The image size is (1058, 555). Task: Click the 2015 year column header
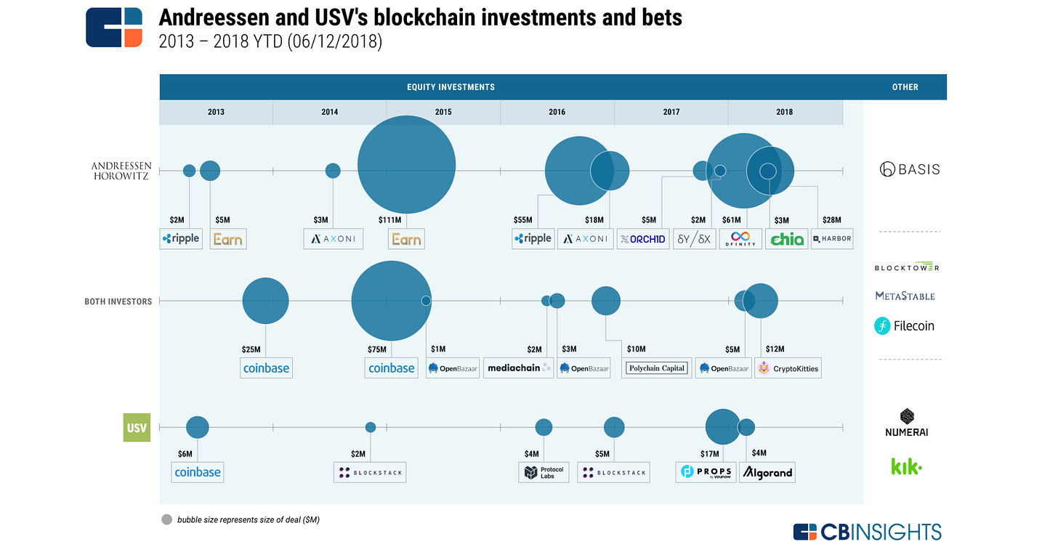coord(443,112)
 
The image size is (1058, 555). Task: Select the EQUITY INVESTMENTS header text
coord(451,87)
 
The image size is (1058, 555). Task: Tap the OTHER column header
coord(905,87)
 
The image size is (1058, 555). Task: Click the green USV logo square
coord(137,427)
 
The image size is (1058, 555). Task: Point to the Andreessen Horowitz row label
coord(121,171)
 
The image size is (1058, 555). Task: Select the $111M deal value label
coord(389,220)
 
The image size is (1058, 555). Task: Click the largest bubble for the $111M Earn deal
coord(406,165)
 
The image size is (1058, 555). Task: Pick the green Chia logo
coord(787,238)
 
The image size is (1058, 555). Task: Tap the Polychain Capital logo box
coord(657,368)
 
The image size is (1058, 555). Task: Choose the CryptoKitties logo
coord(788,368)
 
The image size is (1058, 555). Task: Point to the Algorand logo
coord(767,473)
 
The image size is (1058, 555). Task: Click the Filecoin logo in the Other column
coord(904,326)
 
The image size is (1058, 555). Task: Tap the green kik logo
coord(906,466)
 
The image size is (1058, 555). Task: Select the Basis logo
coord(909,169)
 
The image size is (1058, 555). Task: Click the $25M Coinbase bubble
coord(265,301)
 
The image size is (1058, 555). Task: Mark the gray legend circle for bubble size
coord(167,520)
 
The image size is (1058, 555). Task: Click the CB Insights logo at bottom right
coord(867,532)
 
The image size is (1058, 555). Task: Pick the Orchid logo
coord(642,238)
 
